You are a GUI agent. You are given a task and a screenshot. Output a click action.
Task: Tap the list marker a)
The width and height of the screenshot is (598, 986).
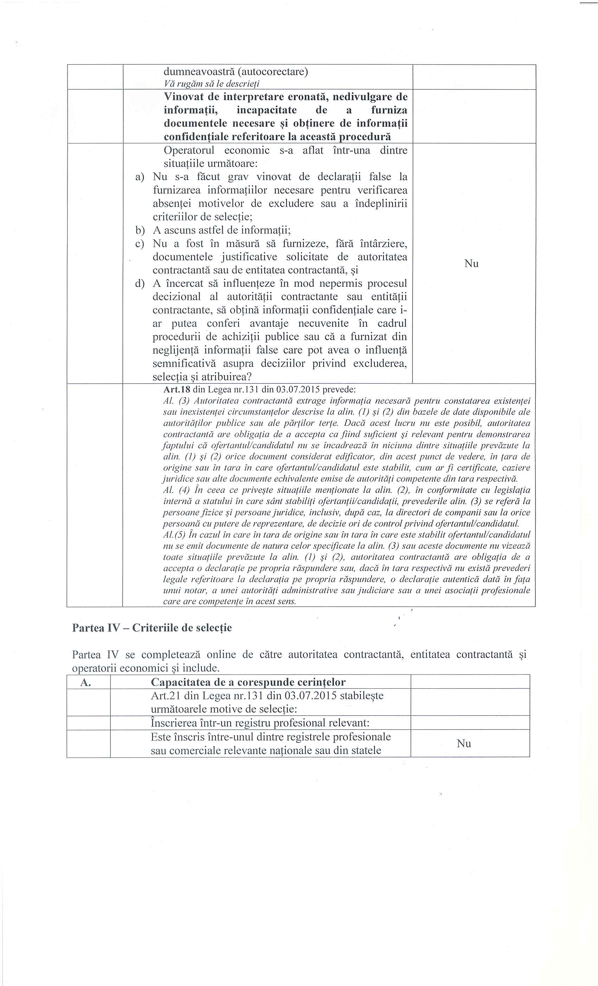point(140,177)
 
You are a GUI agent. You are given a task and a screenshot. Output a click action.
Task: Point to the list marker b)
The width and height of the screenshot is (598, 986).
point(140,230)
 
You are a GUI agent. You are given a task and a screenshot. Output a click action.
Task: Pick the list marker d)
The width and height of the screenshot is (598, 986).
point(140,284)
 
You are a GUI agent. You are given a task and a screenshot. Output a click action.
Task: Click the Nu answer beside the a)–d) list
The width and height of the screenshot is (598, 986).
point(471,263)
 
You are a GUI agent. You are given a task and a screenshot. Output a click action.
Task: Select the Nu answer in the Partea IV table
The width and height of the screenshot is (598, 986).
point(464,743)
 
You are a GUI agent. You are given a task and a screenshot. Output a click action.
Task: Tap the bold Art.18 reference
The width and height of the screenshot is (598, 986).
point(177,389)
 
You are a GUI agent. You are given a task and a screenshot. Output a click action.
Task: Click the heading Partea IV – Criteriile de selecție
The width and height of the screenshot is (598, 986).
point(152,627)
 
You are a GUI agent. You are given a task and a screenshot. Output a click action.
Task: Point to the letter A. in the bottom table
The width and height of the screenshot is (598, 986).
point(85,682)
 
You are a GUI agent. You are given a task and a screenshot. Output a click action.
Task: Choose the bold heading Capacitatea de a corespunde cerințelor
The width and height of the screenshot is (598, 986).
point(248,682)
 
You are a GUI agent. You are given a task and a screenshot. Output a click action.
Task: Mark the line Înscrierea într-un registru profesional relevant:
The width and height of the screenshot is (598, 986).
point(260,723)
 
